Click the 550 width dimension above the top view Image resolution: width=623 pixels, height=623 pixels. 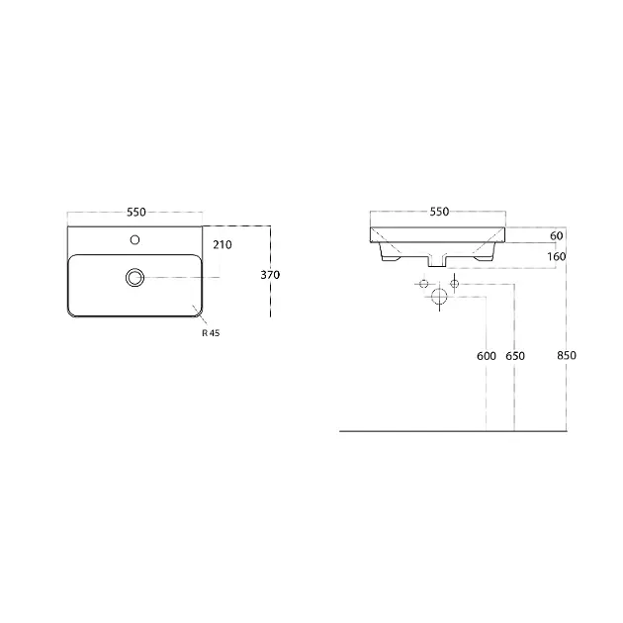[x=136, y=213]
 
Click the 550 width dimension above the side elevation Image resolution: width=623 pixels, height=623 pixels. [x=439, y=212]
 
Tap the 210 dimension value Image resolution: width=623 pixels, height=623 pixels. [x=222, y=245]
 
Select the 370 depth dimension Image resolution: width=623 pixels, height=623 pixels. [x=270, y=275]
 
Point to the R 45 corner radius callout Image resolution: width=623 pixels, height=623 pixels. [x=211, y=333]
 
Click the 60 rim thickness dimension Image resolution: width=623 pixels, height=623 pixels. [x=556, y=235]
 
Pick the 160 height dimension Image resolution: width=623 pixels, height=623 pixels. [x=556, y=257]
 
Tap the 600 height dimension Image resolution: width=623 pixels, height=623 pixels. [x=487, y=356]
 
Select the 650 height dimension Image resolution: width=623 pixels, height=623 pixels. [x=515, y=356]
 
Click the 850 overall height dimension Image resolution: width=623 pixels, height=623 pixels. [x=567, y=355]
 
